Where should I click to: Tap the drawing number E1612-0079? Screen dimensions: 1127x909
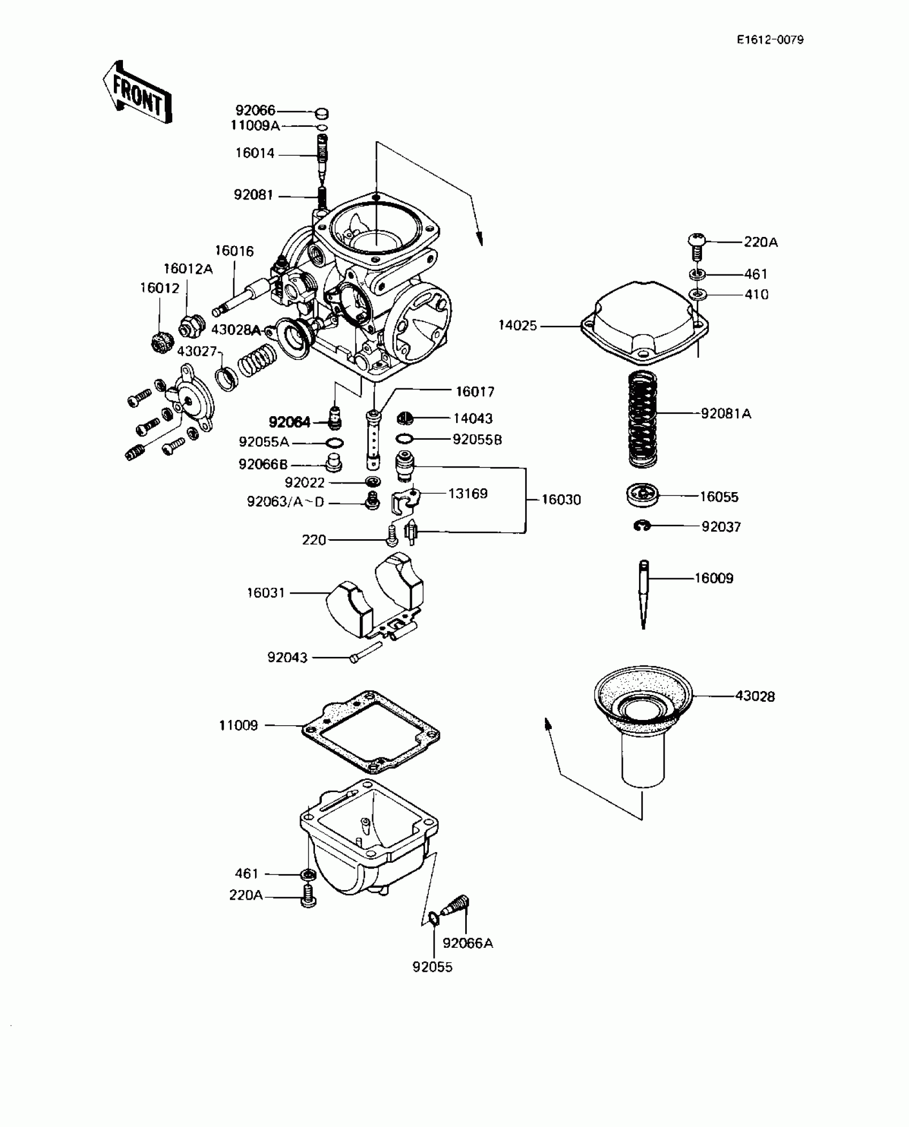770,40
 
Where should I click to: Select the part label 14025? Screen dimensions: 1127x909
517,325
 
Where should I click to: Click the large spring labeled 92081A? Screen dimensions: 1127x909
642,419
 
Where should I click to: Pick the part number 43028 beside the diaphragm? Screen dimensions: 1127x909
754,696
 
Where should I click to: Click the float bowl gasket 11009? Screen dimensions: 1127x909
371,731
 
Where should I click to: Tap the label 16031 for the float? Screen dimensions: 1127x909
266,593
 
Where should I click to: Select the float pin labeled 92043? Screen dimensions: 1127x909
366,652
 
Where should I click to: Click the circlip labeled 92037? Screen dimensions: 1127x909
642,526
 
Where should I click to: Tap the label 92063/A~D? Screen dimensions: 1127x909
286,502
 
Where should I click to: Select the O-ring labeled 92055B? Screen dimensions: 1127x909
404,439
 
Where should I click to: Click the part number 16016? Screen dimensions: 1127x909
234,251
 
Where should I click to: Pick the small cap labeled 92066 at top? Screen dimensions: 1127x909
321,113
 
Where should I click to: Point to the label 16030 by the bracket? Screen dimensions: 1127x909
561,500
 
